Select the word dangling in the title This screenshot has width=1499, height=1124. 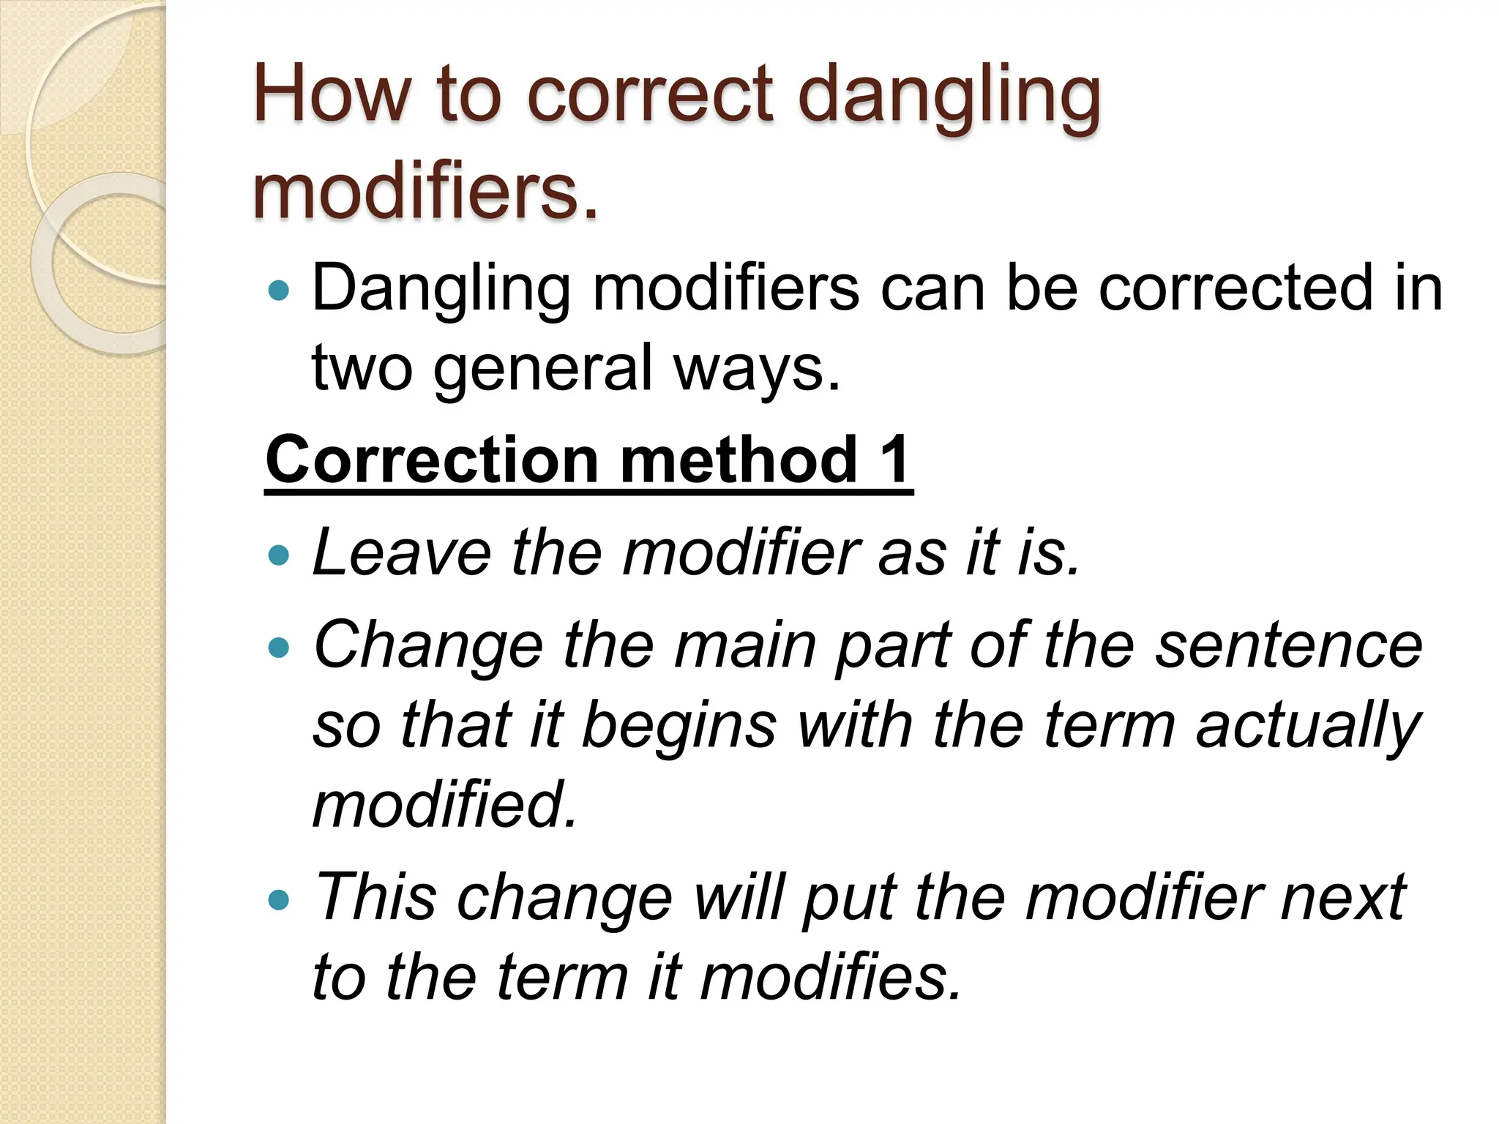[949, 99]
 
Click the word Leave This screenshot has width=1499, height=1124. [402, 553]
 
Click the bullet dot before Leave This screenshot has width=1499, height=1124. [279, 555]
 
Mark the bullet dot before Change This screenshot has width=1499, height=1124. [279, 648]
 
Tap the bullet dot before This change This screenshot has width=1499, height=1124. [279, 899]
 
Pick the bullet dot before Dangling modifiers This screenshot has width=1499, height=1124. [279, 291]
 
